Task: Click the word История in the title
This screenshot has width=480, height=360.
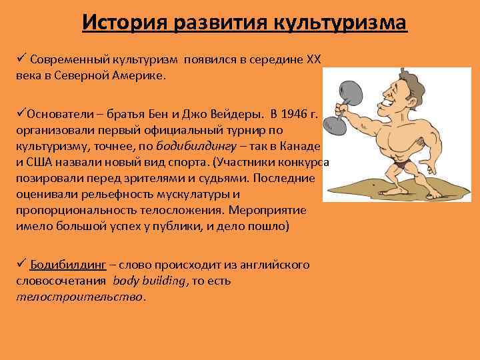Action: click(x=124, y=23)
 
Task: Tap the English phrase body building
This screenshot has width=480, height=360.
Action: click(x=151, y=281)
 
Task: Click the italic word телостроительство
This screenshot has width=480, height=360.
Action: click(x=79, y=297)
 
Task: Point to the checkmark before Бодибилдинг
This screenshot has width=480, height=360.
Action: click(x=21, y=264)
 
